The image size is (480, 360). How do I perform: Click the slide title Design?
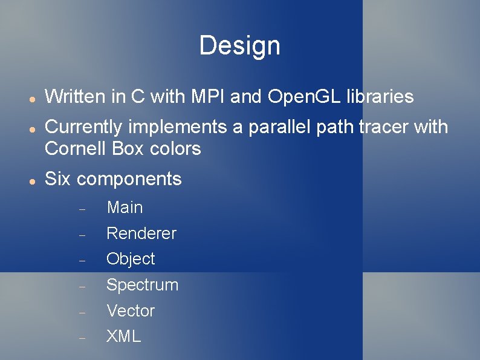[239, 45]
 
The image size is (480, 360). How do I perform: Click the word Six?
[59, 179]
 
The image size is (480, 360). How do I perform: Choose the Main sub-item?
[125, 208]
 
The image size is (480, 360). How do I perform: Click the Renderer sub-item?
[141, 234]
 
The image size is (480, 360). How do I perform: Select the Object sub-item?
[131, 259]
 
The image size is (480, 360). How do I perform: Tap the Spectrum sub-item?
[142, 286]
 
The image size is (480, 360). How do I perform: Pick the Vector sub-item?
[131, 311]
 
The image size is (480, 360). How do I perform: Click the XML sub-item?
[123, 337]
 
